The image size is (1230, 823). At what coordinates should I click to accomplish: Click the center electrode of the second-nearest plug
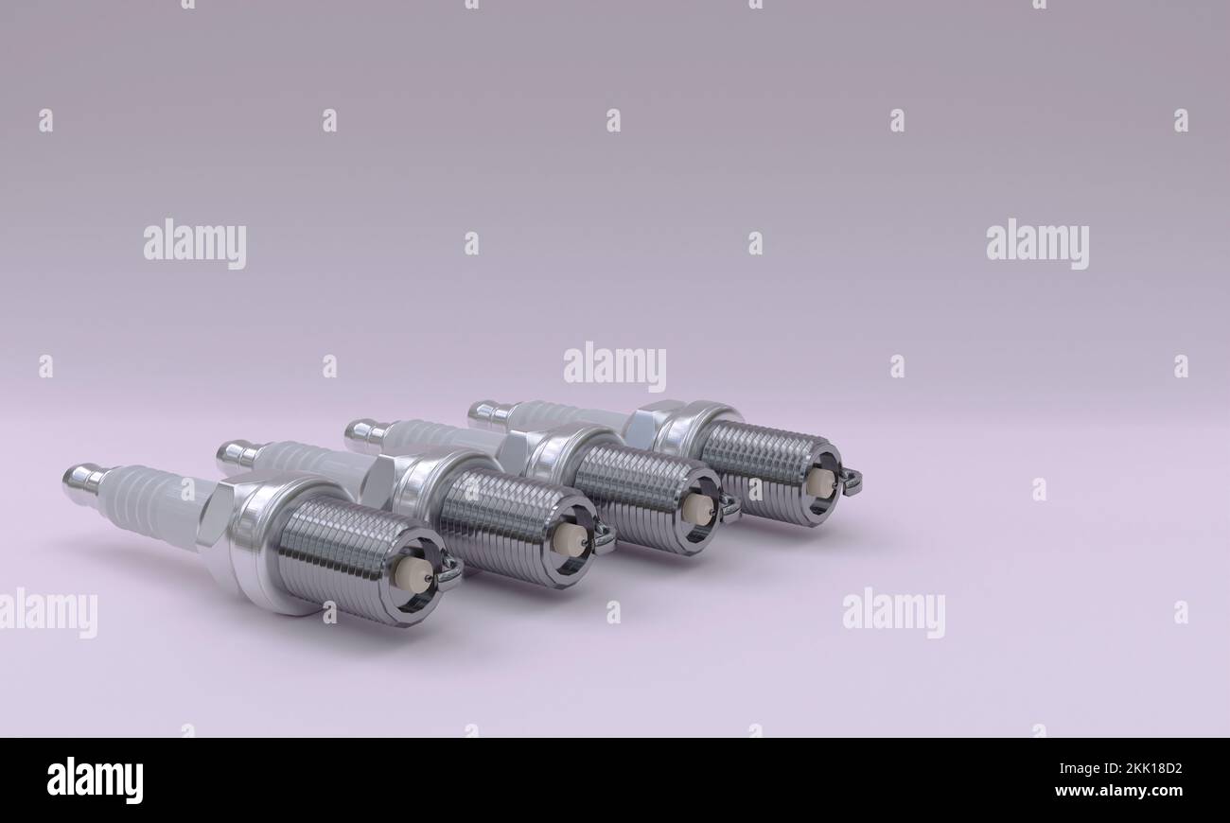(x=571, y=539)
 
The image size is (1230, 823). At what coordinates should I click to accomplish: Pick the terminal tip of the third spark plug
(x=360, y=432)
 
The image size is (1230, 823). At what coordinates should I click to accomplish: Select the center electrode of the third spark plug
(x=697, y=508)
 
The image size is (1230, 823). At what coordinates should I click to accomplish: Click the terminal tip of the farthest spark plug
(x=483, y=411)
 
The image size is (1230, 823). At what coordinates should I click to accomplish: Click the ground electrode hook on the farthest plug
(x=851, y=482)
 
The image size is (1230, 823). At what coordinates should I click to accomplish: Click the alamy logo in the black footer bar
(x=95, y=780)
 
